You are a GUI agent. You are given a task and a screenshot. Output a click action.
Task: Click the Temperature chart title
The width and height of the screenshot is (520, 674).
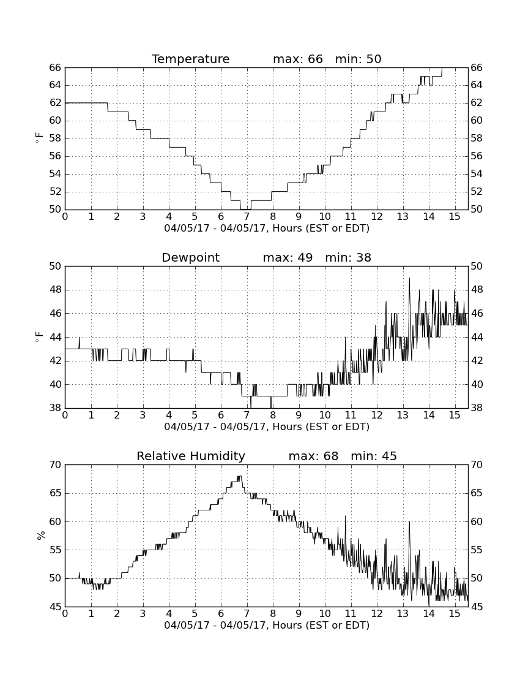[x=190, y=59]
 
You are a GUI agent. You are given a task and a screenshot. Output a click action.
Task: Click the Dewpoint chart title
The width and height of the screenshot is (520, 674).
[x=190, y=257]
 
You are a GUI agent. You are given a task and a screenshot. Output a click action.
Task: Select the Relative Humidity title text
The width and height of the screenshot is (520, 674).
[x=190, y=456]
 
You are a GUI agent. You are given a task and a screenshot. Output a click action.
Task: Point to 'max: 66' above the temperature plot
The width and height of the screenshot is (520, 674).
[x=298, y=59]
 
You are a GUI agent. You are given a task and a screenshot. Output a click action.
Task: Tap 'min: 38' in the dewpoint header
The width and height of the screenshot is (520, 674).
[x=348, y=257]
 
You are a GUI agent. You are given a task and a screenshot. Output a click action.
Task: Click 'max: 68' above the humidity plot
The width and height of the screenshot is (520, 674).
[x=313, y=456]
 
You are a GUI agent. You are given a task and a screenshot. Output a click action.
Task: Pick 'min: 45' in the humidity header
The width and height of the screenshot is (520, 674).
[x=374, y=456]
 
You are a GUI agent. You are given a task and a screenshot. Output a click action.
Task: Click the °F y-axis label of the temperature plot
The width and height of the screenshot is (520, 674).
[x=40, y=138]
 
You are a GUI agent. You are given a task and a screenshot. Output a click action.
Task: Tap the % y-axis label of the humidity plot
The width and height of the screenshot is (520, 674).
[x=41, y=536]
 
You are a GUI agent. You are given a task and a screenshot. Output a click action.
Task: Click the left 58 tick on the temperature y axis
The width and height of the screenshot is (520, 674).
[x=55, y=138]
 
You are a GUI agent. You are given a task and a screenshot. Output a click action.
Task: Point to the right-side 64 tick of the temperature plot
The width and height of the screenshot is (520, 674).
[x=477, y=85]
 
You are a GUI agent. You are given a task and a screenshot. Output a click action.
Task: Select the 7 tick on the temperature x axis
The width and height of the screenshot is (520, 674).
[x=247, y=217]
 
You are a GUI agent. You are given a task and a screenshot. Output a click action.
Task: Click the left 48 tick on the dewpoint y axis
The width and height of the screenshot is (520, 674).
[x=55, y=290]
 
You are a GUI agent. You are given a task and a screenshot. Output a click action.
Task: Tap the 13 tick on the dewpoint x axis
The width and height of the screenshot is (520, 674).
[x=403, y=415]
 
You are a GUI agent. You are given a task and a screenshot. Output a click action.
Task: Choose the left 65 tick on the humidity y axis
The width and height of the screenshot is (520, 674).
[x=55, y=493]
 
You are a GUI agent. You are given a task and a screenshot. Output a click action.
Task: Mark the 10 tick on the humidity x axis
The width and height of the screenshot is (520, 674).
[x=325, y=614]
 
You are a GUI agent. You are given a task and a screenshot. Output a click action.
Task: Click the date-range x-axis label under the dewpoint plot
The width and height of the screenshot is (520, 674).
[x=267, y=427]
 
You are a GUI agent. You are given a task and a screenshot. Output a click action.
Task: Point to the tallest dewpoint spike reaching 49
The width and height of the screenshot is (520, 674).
[x=409, y=279]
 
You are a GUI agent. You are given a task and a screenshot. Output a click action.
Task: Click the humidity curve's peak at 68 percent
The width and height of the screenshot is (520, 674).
[x=239, y=476]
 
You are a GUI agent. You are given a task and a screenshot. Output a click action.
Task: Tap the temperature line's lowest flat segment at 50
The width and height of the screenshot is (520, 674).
[x=245, y=210]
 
